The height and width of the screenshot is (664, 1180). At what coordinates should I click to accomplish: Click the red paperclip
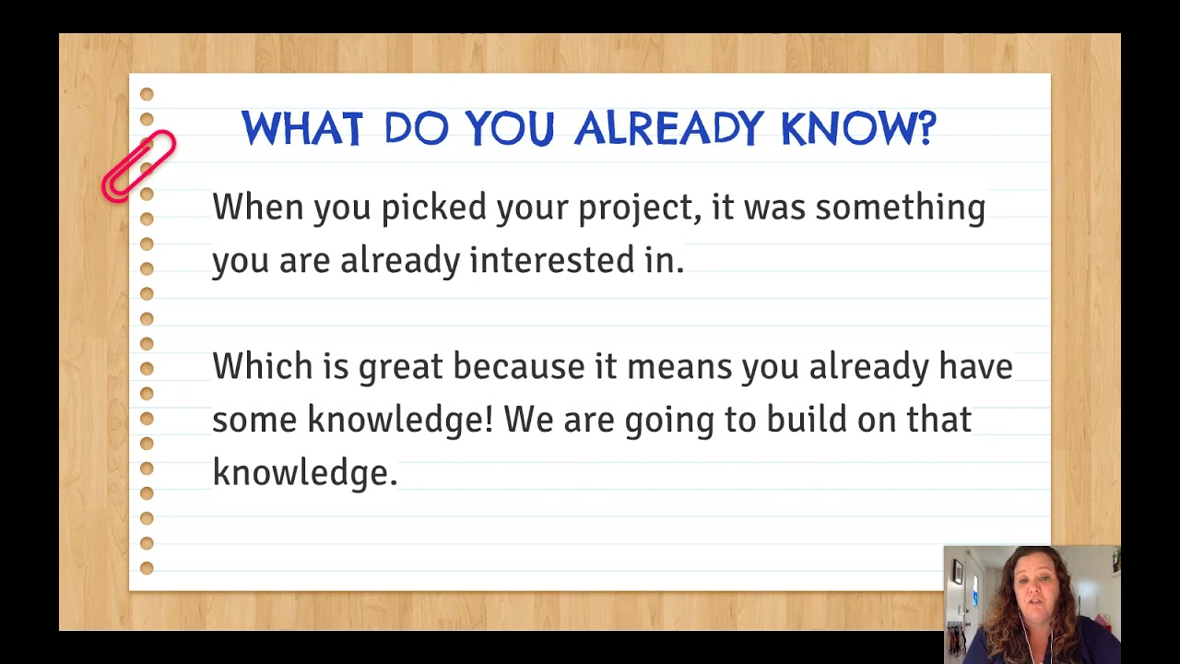coord(138,166)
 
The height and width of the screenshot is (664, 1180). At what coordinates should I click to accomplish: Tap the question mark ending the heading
coord(926,129)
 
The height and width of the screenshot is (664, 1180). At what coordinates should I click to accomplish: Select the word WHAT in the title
coord(301,129)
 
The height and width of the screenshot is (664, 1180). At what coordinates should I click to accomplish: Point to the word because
coord(518,367)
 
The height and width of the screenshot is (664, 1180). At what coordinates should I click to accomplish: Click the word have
coord(975,367)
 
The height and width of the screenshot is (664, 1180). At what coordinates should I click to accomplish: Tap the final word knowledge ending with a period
coord(303,473)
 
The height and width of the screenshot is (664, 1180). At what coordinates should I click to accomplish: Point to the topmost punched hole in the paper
coord(147,95)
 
